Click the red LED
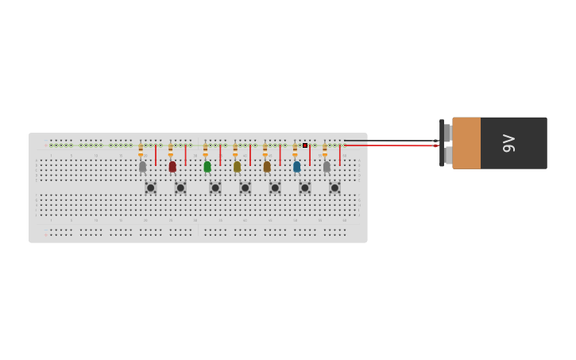(x=172, y=167)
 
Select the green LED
(x=207, y=167)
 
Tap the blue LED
(x=297, y=167)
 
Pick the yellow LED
(x=237, y=167)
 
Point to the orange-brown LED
(x=267, y=167)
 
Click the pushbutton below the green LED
(x=215, y=188)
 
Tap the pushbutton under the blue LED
(x=305, y=188)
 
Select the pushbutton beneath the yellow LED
(x=245, y=188)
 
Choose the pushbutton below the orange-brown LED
(x=275, y=188)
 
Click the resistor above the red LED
(x=170, y=149)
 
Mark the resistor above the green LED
(x=205, y=149)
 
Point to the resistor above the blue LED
(x=295, y=149)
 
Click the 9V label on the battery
(x=509, y=143)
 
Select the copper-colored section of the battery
(x=466, y=143)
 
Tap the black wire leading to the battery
(x=389, y=141)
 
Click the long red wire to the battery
(x=389, y=145)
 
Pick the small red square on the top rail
(x=305, y=145)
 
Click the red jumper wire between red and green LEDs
(x=186, y=155)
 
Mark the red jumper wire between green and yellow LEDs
(x=220, y=155)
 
